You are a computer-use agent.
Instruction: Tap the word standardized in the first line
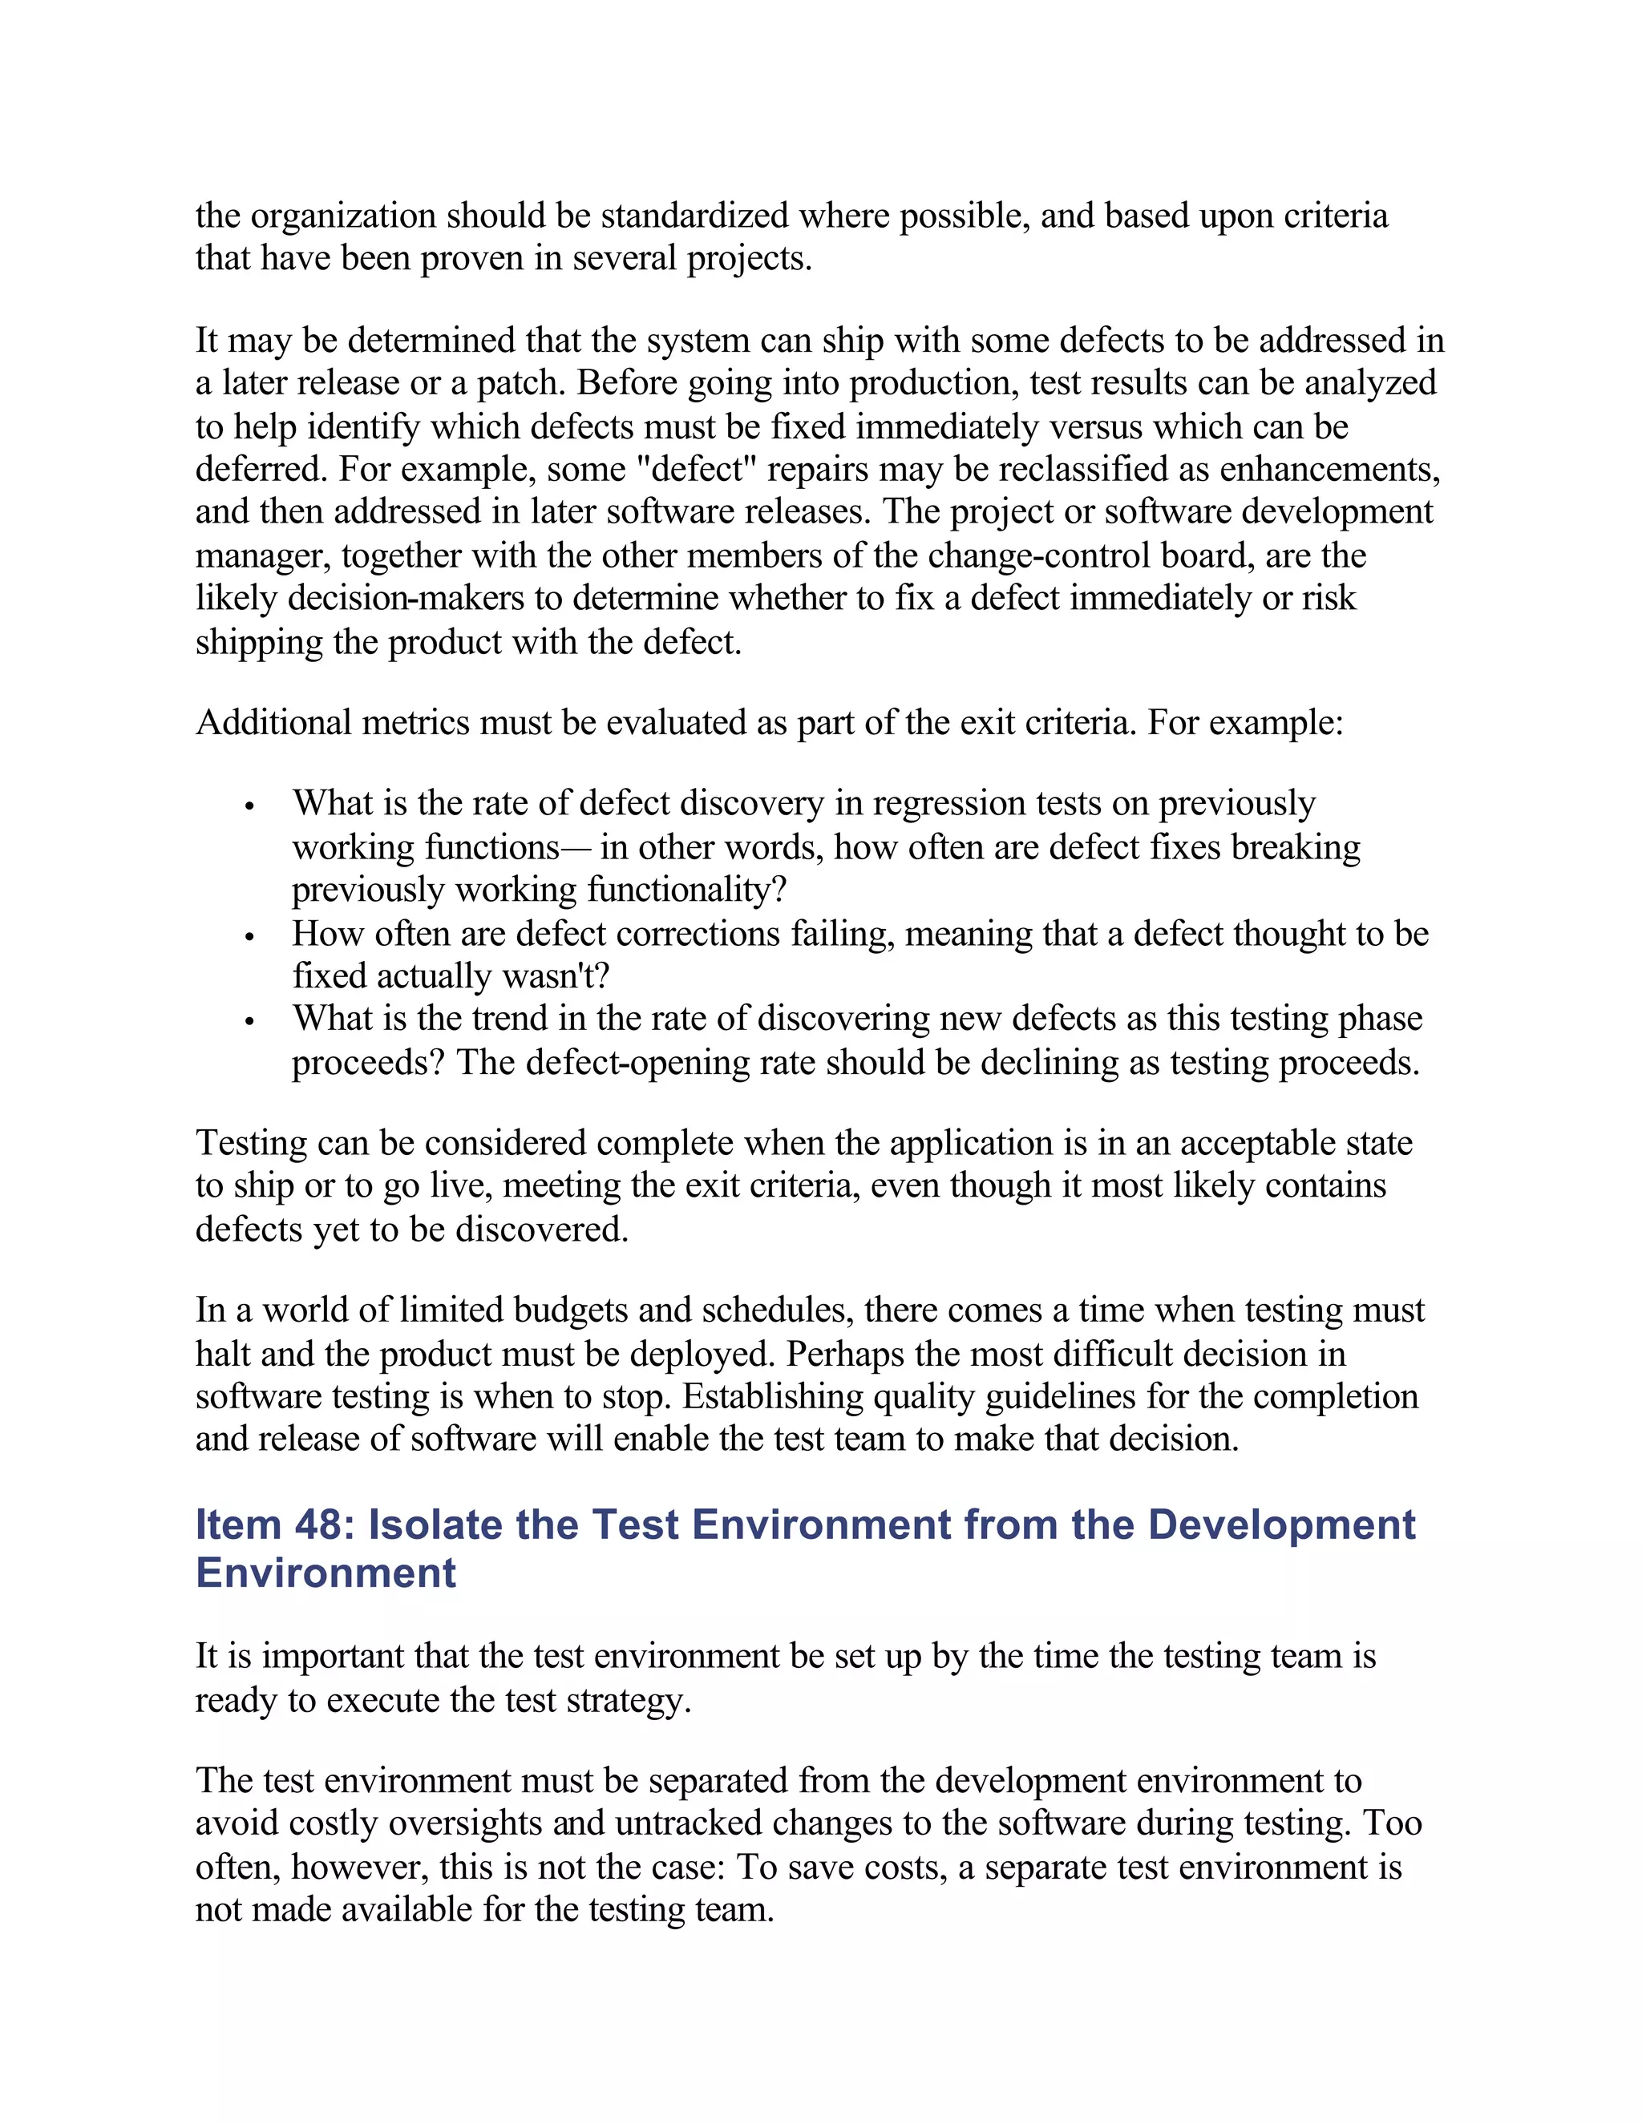(x=694, y=215)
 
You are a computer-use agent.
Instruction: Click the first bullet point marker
(x=250, y=807)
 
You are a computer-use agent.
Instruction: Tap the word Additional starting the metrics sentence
(x=273, y=723)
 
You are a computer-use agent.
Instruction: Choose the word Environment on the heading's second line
(x=326, y=1573)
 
